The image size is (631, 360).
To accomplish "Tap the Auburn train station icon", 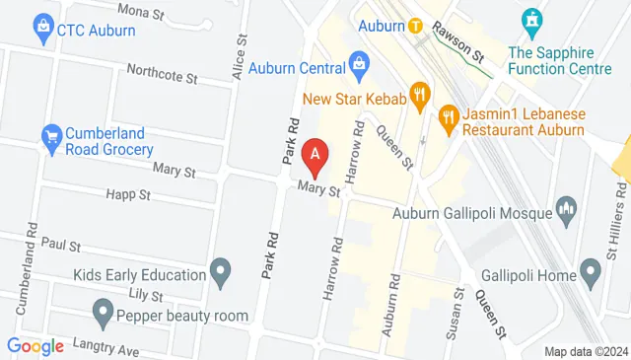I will pos(416,26).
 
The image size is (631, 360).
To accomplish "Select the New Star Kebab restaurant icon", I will pos(421,96).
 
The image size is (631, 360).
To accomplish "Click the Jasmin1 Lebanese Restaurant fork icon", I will pos(449,115).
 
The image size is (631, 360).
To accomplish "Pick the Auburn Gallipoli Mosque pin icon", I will pos(566,208).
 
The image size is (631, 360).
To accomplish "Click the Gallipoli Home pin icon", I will pos(591,268).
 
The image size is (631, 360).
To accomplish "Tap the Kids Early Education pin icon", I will pos(221,269).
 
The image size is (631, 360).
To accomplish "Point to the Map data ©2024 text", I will pos(586,351).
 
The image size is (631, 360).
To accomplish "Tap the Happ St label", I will pos(126,195).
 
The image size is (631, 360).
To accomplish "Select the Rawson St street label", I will pos(461,46).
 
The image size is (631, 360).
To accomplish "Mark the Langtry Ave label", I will pos(97,348).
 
